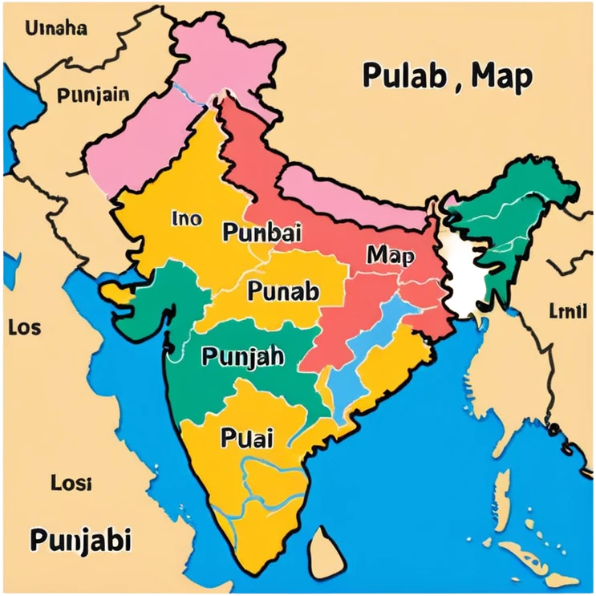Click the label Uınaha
coord(56,29)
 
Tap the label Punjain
coord(93,95)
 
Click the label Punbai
coord(262,233)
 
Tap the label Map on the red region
coord(391,256)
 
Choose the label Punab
coord(283,291)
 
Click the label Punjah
coord(242,355)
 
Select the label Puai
coord(246,438)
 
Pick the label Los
coord(24,327)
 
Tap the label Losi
coord(71,483)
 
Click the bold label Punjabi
coord(80,540)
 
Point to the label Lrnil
coord(567,310)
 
